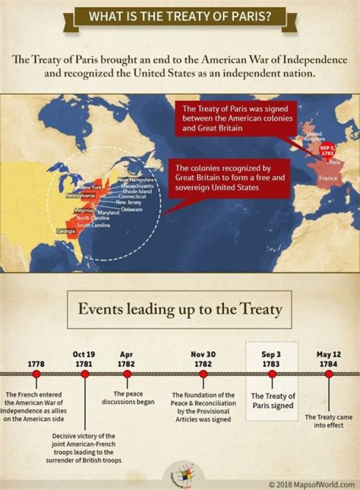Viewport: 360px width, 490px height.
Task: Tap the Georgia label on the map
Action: pos(66,231)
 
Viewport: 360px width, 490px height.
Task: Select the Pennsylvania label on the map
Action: pos(80,196)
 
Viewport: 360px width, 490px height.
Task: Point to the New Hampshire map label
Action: pos(137,179)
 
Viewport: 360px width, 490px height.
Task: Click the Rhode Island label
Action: pos(140,191)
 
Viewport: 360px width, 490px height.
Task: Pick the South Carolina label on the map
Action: pos(93,225)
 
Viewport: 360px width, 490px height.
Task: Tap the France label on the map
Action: pos(328,178)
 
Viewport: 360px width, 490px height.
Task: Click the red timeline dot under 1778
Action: pos(36,373)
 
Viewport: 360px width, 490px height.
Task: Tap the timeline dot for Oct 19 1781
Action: pos(84,373)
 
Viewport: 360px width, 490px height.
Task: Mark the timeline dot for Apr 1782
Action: pos(127,373)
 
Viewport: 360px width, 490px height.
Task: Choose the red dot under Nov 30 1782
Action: pos(203,373)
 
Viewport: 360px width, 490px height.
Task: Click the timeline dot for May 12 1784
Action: pos(328,373)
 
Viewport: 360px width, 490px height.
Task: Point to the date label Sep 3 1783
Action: pos(271,359)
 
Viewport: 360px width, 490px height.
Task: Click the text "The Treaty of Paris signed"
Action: pos(272,401)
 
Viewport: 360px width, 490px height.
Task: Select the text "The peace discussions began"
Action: pos(127,397)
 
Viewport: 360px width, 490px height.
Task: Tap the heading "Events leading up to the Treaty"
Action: pos(180,308)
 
